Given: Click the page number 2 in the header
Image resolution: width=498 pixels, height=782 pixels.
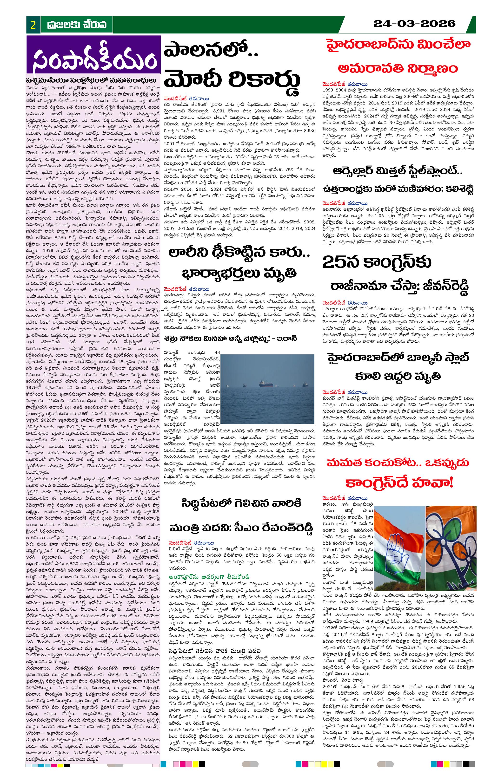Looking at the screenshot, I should pyautogui.click(x=33, y=25).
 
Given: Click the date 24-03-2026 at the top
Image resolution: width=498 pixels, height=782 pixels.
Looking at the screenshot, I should pyautogui.click(x=414, y=23).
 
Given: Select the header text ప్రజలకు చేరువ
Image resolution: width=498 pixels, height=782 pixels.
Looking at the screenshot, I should pyautogui.click(x=77, y=25).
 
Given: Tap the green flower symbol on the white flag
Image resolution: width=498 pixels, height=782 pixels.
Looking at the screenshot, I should pyautogui.click(x=455, y=536).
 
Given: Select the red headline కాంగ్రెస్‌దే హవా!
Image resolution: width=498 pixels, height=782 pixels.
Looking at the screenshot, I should pyautogui.click(x=399, y=483).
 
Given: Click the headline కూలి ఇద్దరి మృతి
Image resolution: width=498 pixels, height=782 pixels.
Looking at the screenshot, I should pyautogui.click(x=398, y=376).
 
